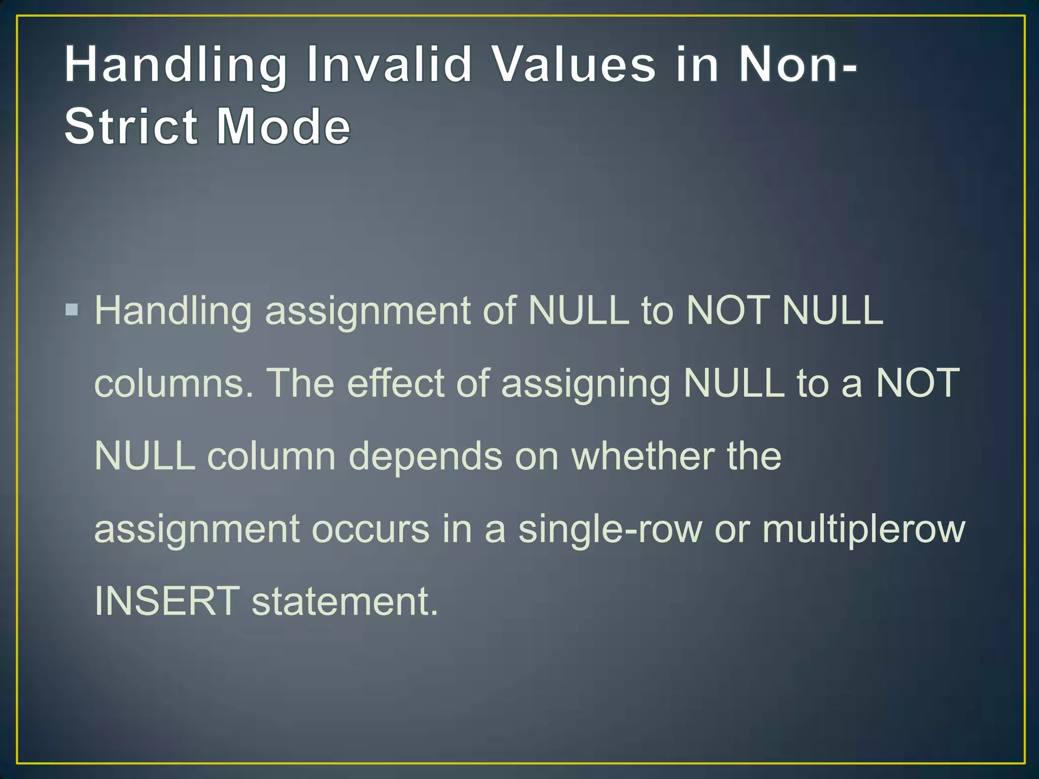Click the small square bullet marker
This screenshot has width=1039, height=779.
coord(72,309)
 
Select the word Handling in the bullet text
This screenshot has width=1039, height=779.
coord(173,310)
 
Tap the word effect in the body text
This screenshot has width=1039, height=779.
coord(396,382)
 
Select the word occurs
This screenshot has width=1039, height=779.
coord(370,529)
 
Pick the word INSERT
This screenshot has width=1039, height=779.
coord(167,601)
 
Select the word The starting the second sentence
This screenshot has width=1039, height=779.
coord(300,382)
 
